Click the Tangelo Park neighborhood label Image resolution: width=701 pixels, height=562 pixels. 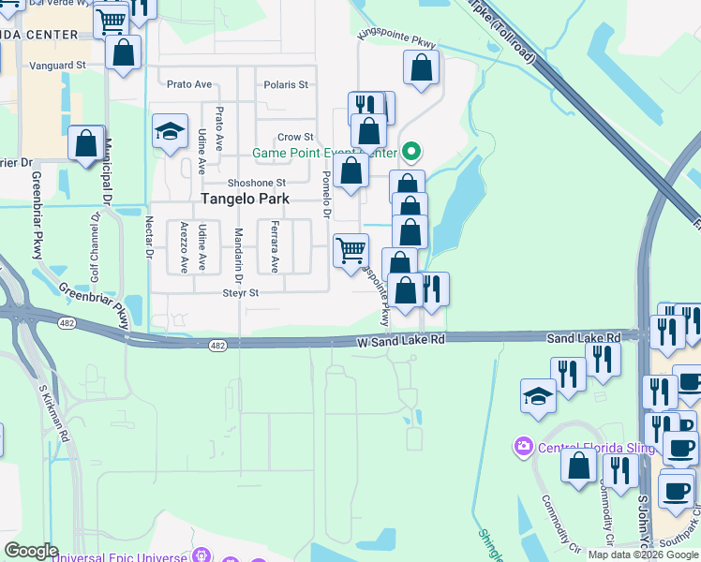pos(243,200)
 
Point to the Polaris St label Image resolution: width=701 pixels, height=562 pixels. pos(286,85)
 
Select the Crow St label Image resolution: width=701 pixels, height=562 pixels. pos(294,137)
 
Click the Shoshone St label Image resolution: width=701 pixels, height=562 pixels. pos(256,183)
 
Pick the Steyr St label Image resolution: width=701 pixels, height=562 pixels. pos(240,293)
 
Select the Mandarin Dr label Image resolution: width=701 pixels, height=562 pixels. pos(239,254)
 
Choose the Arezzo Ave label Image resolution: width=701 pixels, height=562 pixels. pos(184,246)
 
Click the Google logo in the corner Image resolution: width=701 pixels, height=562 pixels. pos(32,551)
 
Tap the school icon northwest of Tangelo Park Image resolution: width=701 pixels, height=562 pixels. pos(170,132)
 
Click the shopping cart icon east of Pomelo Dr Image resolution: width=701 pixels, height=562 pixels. pos(350,250)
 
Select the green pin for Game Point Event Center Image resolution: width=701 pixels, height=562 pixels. pos(410,151)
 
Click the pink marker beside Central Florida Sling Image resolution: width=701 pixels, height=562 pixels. pos(524,447)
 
